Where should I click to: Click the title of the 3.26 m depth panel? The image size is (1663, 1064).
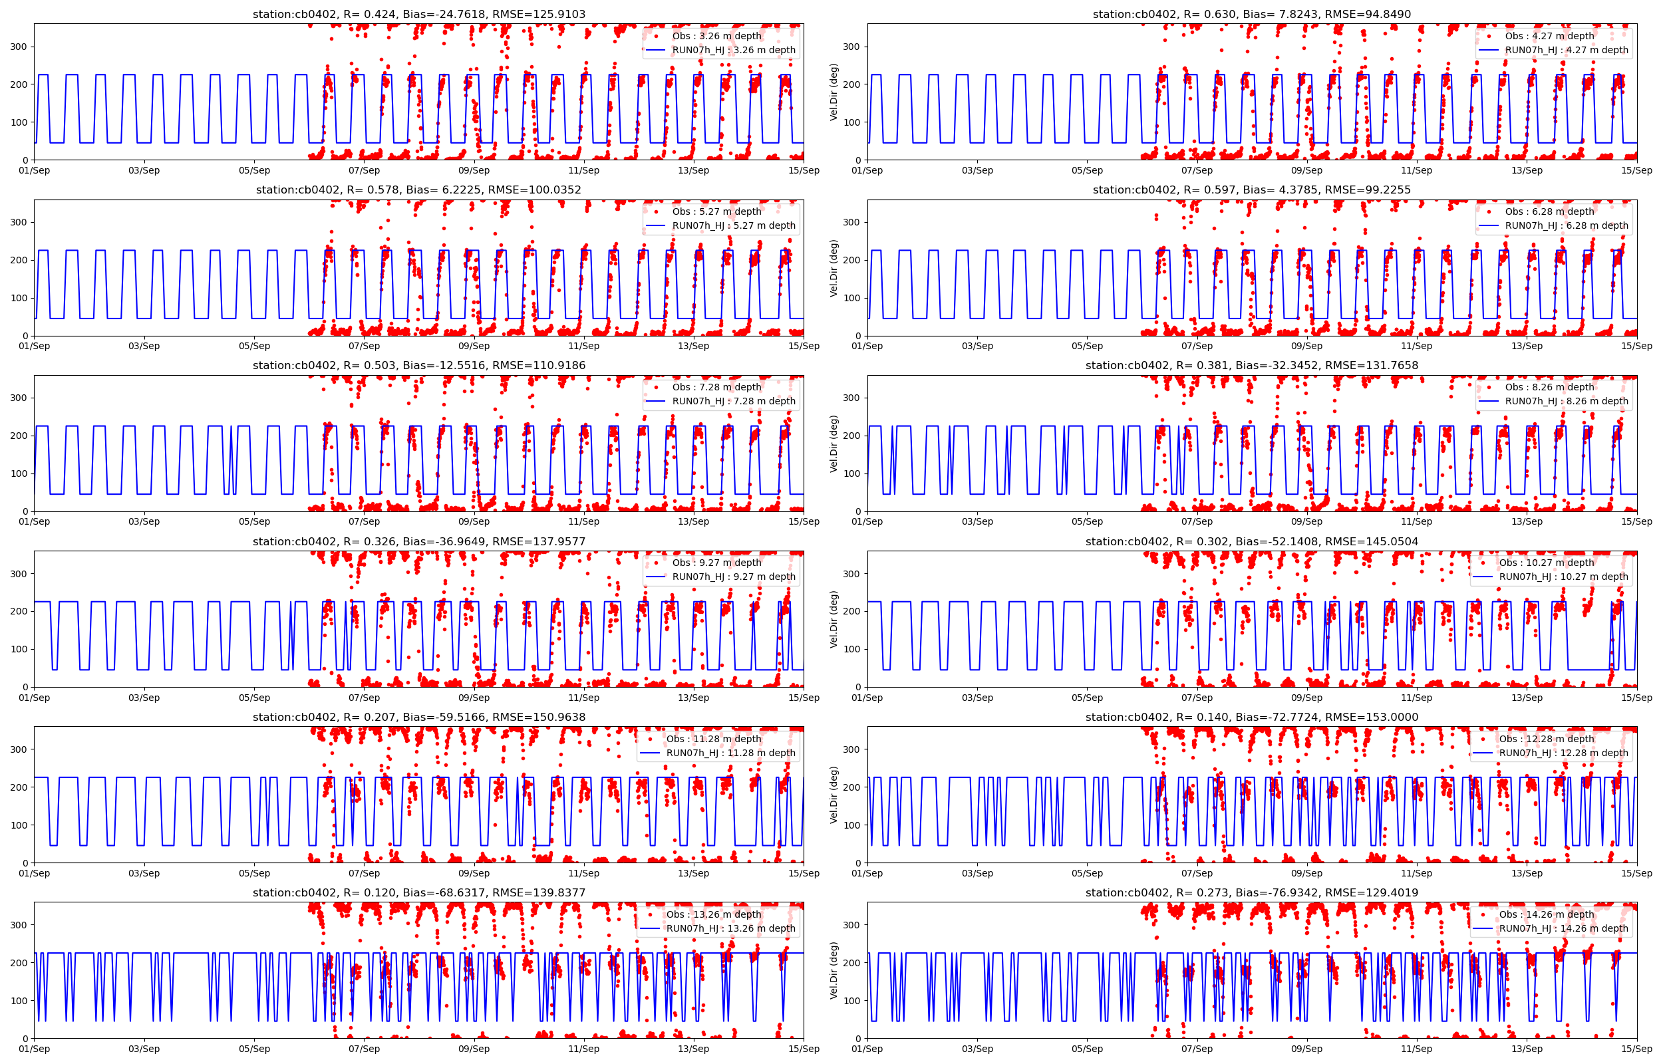point(418,14)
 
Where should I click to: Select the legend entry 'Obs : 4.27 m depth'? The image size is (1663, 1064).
point(1549,36)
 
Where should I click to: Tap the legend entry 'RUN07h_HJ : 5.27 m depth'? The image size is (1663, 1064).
point(733,225)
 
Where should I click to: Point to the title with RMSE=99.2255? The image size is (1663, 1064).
point(1251,190)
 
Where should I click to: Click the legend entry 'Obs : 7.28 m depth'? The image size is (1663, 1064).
point(716,387)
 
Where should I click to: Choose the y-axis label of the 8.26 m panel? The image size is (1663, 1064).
point(834,444)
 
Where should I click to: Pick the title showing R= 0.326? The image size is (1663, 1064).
point(418,541)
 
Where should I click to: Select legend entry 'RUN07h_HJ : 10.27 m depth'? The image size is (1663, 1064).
point(1563,576)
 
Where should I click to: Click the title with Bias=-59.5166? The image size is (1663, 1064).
point(418,717)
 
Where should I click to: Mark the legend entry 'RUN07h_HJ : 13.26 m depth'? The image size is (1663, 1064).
point(730,928)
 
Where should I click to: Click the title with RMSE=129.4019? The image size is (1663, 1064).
point(1251,892)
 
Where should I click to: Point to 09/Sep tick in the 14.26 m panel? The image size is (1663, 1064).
point(1306,1049)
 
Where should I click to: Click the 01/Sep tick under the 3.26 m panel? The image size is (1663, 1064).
point(35,170)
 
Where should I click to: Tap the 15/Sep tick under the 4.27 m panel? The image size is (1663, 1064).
point(1637,170)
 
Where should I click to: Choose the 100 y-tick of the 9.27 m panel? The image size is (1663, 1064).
point(19,649)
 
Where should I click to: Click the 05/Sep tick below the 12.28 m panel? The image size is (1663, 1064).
point(1087,872)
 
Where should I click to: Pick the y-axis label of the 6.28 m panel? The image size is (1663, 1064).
point(834,268)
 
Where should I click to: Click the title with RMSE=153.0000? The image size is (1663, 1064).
point(1251,717)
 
